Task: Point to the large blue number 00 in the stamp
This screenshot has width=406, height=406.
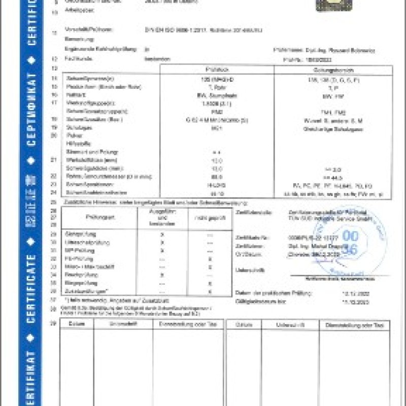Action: point(350,235)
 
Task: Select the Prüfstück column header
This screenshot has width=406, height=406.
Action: point(217,70)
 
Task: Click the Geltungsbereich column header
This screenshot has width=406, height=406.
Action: point(333,70)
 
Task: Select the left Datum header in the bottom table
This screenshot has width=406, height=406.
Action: point(77,324)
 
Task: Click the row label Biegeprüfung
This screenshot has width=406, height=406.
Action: point(78,283)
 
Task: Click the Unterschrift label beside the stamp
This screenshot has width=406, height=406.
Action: point(247,270)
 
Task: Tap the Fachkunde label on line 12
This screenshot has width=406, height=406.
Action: point(75,59)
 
